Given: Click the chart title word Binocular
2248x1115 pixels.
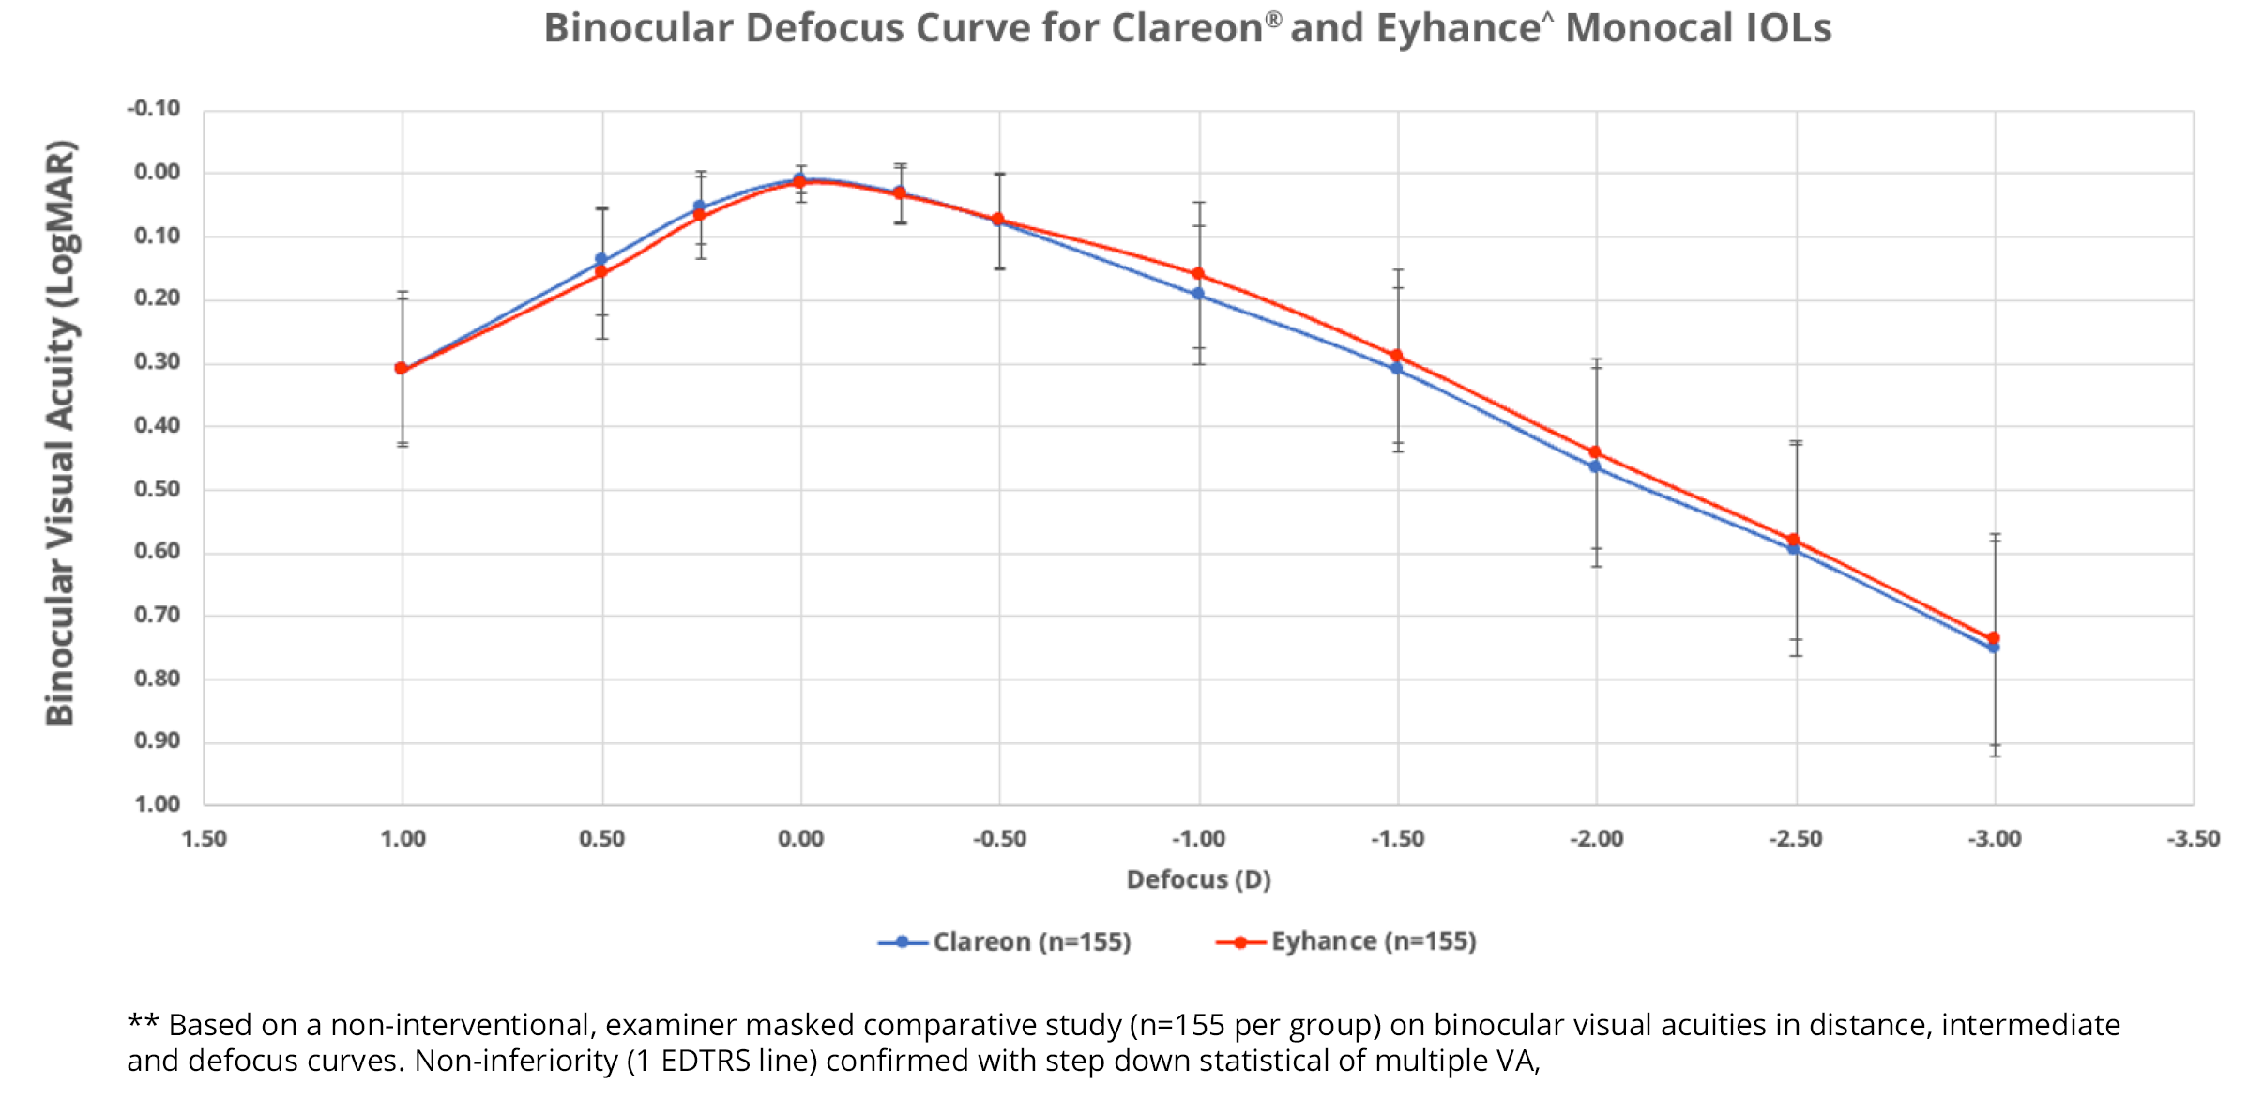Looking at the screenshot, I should click(638, 28).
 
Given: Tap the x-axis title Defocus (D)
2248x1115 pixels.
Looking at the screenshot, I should click(1198, 879).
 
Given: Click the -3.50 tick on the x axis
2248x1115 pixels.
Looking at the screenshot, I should click(2193, 839).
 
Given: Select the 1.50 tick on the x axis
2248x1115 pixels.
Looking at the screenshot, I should click(204, 839).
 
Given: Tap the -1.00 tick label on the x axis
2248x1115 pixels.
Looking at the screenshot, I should click(1198, 839).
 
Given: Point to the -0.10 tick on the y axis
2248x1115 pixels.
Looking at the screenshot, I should click(154, 109).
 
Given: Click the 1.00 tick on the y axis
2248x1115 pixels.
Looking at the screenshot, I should click(157, 804).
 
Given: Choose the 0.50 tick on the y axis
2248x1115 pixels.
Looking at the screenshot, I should click(157, 489).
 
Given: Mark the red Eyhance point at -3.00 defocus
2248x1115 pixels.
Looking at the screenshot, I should click(1994, 638).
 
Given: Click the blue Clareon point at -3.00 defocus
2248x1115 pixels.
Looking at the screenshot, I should click(1994, 649).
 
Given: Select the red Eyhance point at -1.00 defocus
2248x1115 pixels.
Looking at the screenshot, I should click(1198, 274).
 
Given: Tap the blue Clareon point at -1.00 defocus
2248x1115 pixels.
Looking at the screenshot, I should click(1198, 294).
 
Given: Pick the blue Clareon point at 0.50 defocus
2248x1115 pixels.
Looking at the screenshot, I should click(601, 259).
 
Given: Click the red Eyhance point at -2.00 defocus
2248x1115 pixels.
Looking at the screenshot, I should click(1595, 452).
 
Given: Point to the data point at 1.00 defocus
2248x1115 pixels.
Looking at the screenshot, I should click(402, 369).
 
